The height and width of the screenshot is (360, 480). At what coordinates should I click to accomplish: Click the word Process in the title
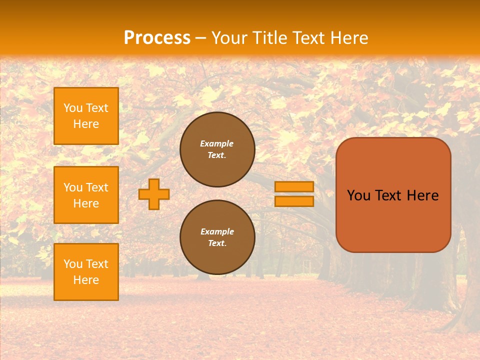(x=157, y=37)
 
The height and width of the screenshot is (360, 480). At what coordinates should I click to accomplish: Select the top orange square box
(x=86, y=116)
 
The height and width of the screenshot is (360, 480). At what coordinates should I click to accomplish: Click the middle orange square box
(x=86, y=195)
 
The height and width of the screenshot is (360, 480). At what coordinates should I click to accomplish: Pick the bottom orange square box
(x=86, y=272)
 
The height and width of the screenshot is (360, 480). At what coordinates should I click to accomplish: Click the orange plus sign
(x=154, y=194)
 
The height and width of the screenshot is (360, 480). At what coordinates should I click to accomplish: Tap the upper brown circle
(x=217, y=149)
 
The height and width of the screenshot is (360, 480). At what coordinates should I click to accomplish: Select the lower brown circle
(x=217, y=237)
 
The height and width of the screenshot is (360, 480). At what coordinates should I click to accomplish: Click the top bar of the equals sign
(x=294, y=186)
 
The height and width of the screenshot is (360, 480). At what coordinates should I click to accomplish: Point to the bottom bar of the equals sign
(x=294, y=201)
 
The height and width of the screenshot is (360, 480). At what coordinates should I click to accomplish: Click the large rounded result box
(x=393, y=195)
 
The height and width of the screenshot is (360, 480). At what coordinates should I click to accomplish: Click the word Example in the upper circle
(x=217, y=143)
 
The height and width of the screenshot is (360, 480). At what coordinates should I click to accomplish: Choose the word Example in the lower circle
(x=217, y=231)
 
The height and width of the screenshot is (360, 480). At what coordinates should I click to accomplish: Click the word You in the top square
(x=72, y=108)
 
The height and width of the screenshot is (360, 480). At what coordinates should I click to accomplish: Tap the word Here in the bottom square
(x=86, y=280)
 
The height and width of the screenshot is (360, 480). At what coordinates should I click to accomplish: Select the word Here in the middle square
(x=86, y=203)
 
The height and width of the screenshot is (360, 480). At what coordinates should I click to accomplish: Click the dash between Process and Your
(x=201, y=38)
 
